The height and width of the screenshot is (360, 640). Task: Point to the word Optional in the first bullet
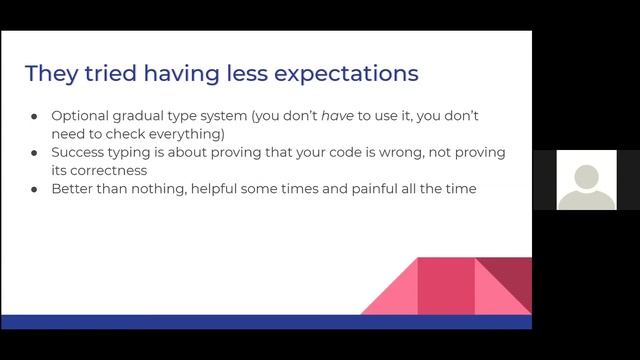click(81, 116)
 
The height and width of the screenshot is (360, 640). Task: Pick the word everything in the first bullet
click(187, 134)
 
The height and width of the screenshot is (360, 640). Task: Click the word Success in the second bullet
click(79, 152)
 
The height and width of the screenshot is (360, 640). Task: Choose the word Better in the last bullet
click(73, 188)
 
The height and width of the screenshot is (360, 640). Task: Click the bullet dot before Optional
click(34, 117)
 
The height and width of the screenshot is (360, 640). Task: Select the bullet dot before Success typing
click(34, 153)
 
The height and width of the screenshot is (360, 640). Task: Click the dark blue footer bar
click(265, 321)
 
